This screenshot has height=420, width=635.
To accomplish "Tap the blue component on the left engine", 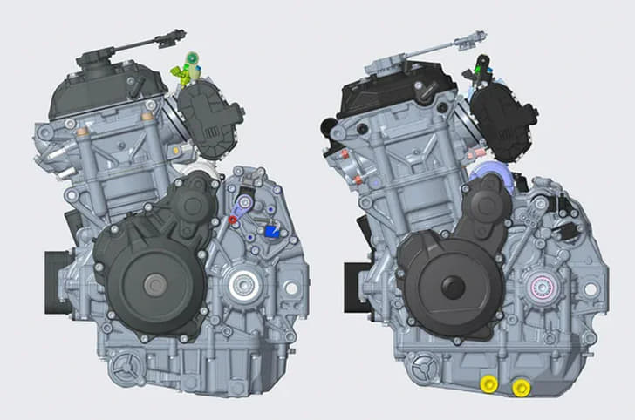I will point(271,232).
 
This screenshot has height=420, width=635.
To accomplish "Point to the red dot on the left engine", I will point(233,221).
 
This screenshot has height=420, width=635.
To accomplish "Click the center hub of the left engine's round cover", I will point(155,282).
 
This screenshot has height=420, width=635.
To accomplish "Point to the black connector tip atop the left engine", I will point(179,35).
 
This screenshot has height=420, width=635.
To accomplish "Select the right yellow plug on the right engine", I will point(522,387).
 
